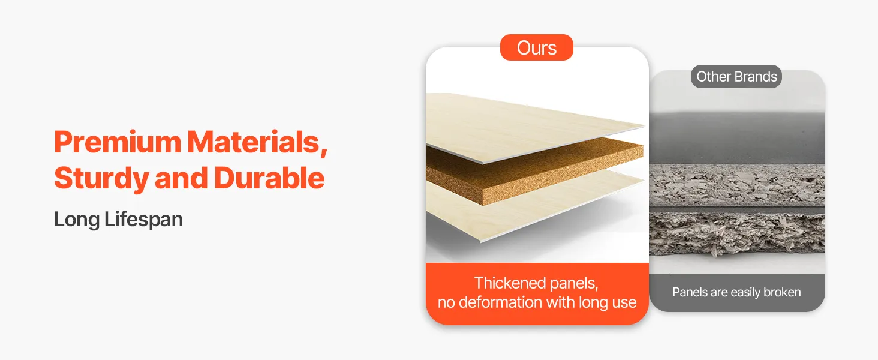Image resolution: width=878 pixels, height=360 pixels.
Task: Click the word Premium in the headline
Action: pyautogui.click(x=118, y=142)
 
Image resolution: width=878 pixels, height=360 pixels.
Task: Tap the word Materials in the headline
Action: pyautogui.click(x=253, y=142)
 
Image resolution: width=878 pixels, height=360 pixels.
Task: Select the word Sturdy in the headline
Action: pyautogui.click(x=101, y=179)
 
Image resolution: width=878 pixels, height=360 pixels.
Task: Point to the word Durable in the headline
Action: pyautogui.click(x=269, y=178)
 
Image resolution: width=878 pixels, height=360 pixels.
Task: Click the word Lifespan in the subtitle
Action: pyautogui.click(x=143, y=220)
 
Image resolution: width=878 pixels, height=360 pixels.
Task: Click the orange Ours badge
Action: pyautogui.click(x=537, y=47)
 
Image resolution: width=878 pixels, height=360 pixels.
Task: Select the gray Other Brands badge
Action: pyautogui.click(x=736, y=76)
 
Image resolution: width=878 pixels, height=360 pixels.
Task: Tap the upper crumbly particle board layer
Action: pyautogui.click(x=737, y=185)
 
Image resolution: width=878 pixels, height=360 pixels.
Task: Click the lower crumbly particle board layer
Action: pyautogui.click(x=737, y=234)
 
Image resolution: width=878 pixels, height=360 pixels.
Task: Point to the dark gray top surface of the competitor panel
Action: pyautogui.click(x=737, y=137)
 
